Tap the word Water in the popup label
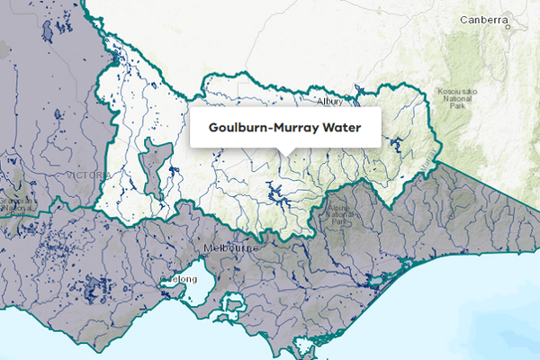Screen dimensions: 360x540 tap(343, 128)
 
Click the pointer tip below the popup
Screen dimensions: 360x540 tap(285, 151)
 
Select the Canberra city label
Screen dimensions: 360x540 tap(485, 20)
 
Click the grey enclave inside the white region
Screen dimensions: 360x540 tap(154, 167)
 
